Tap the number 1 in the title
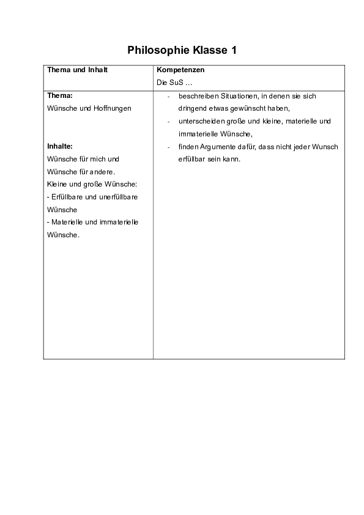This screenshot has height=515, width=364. click(233, 50)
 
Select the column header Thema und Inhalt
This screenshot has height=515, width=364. click(77, 70)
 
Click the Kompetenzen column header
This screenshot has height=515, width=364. click(180, 70)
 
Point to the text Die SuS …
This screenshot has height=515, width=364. click(171, 83)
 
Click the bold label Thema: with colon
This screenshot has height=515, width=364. click(60, 95)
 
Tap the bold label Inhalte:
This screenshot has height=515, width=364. click(60, 146)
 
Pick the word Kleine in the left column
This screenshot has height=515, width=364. click(57, 184)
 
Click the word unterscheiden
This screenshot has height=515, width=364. click(200, 121)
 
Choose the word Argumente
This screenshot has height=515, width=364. click(214, 147)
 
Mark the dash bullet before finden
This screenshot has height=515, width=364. click(168, 147)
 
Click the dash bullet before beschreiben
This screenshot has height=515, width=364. click(168, 96)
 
